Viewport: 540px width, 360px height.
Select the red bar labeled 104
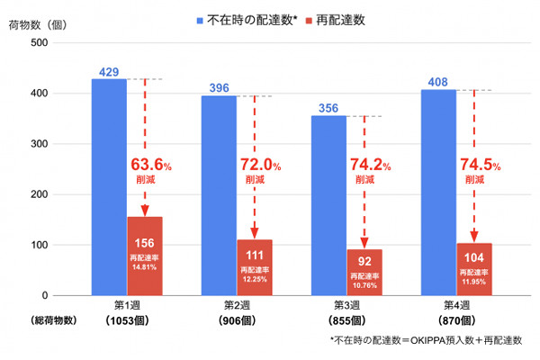tap(473, 269)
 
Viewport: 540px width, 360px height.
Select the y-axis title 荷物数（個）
tap(37, 23)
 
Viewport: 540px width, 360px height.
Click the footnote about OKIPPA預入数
tap(427, 340)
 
